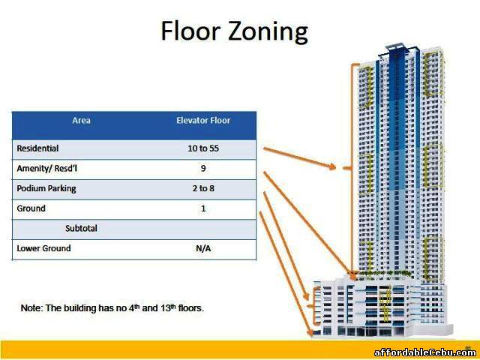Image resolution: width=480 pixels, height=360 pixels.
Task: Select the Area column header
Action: pos(81,120)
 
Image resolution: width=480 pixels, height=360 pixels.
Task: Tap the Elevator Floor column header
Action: pos(203,120)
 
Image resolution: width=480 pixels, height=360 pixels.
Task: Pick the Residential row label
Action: pos(37,148)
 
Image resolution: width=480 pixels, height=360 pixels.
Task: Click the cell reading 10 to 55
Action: pos(203,148)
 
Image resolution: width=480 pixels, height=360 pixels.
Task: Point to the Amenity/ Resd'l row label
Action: pos(46,168)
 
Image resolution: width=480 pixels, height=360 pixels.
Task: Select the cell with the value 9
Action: pos(203,168)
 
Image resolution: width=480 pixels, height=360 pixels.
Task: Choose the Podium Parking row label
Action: pos(46,188)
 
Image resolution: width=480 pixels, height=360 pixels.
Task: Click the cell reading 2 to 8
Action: pos(203,188)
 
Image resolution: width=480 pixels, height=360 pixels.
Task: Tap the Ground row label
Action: pos(31,208)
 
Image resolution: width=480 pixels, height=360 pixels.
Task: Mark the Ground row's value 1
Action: pos(203,208)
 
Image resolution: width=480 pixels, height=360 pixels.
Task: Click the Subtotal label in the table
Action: pos(81,228)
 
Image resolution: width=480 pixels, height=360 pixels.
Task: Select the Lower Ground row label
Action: pos(43,248)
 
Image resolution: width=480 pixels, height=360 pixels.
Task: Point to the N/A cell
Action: pos(203,248)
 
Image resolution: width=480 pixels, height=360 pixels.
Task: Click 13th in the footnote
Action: pos(168,307)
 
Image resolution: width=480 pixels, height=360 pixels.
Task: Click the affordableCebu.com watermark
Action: pos(424,352)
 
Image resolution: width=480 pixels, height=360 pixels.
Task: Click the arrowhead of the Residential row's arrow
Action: pos(333,166)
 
